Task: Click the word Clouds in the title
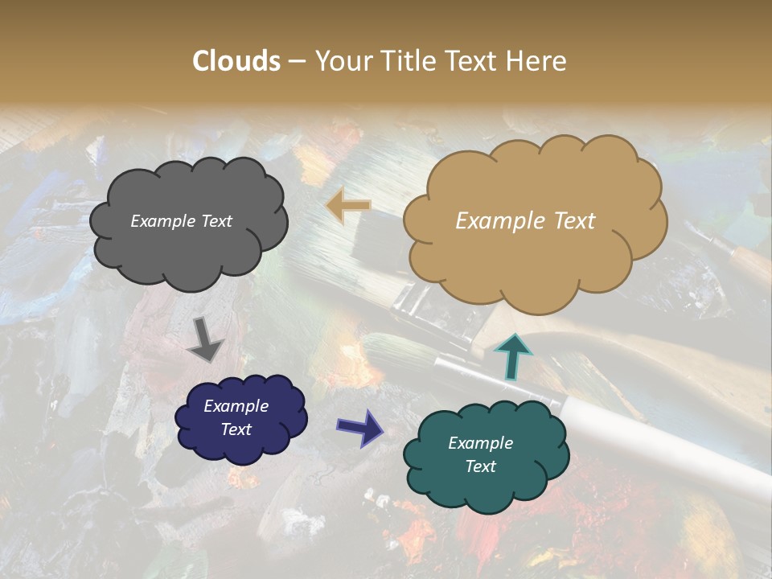[236, 61]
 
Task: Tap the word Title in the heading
[406, 61]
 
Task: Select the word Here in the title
[539, 61]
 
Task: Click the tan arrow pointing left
[349, 206]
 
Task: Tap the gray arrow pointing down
[206, 339]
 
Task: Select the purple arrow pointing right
[361, 427]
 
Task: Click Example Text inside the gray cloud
[181, 221]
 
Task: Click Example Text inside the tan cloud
[525, 221]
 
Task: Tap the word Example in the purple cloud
[236, 406]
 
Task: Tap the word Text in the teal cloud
[480, 466]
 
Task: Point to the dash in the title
[297, 61]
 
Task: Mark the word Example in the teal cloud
[480, 443]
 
